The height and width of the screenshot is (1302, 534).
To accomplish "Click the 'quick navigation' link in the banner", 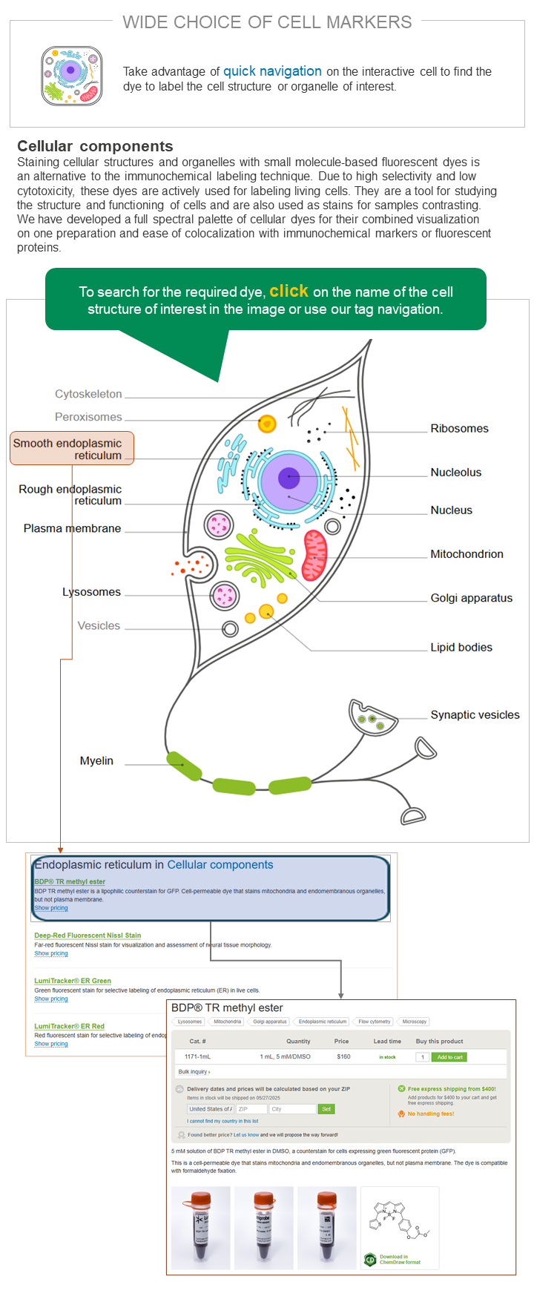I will pos(272,71).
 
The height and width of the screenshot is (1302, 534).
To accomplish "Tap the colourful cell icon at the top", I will pos(71,76).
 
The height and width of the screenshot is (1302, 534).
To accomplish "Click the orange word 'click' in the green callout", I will pos(289,291).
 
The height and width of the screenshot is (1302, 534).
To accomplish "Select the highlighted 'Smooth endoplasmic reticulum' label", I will pos(71,449).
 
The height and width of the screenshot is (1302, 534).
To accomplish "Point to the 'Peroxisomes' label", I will pos(88,417).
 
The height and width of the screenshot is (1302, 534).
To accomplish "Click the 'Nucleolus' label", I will pos(455,473).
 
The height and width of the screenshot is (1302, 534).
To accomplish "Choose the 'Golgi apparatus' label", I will pos(471,598).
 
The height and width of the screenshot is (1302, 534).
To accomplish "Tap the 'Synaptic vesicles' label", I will pos(475,715).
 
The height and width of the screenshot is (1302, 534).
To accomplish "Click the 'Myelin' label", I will pos(96,761).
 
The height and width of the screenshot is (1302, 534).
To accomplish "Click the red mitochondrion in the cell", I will pos(315,555).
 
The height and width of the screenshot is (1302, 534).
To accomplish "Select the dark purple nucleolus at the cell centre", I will pos(289,478).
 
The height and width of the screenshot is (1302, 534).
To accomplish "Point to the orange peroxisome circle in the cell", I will pos(267,424).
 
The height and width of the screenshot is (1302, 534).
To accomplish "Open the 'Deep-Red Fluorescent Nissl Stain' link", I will pos(88,936).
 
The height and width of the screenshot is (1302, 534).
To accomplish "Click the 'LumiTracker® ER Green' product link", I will pos(73,981).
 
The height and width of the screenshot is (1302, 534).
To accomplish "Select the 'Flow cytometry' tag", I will pos(374,1022).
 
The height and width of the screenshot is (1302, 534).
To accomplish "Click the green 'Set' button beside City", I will pos(326,1109).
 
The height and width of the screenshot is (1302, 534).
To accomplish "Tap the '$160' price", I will pos(343,1056).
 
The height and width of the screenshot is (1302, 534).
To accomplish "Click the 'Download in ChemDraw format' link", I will pos(400,1260).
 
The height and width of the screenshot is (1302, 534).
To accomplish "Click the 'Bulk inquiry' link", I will pos(194,1072).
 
